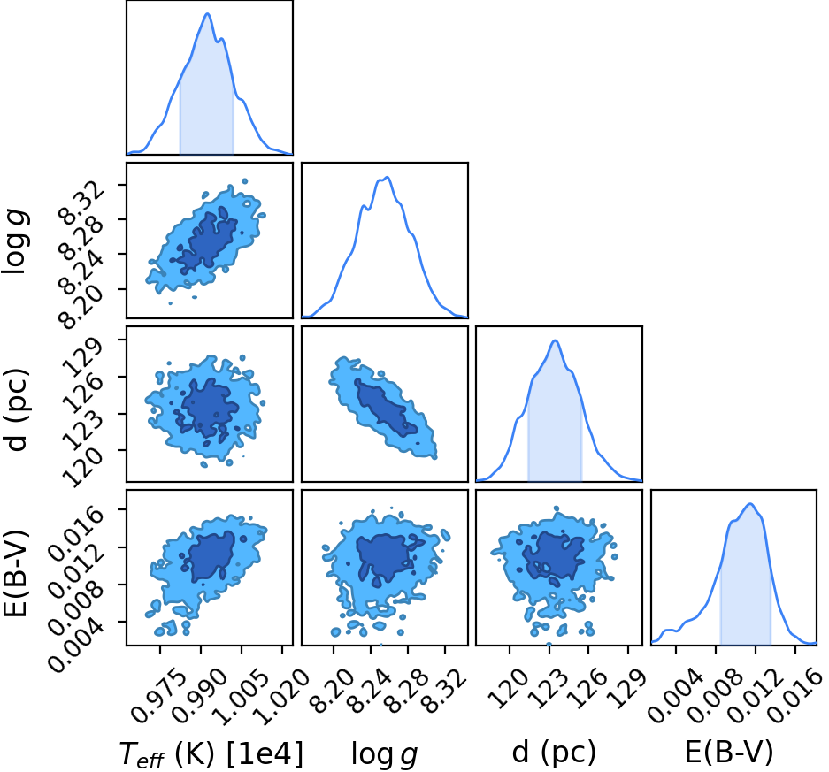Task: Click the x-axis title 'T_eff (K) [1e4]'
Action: (211, 753)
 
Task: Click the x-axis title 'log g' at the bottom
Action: (384, 754)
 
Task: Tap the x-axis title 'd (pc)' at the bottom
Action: (554, 753)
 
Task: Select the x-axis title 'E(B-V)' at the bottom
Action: (729, 752)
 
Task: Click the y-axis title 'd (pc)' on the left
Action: (17, 409)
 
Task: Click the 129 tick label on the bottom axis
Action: (626, 687)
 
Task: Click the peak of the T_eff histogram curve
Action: (207, 14)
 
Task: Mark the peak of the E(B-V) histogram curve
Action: (749, 503)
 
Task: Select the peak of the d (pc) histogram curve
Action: (555, 340)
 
